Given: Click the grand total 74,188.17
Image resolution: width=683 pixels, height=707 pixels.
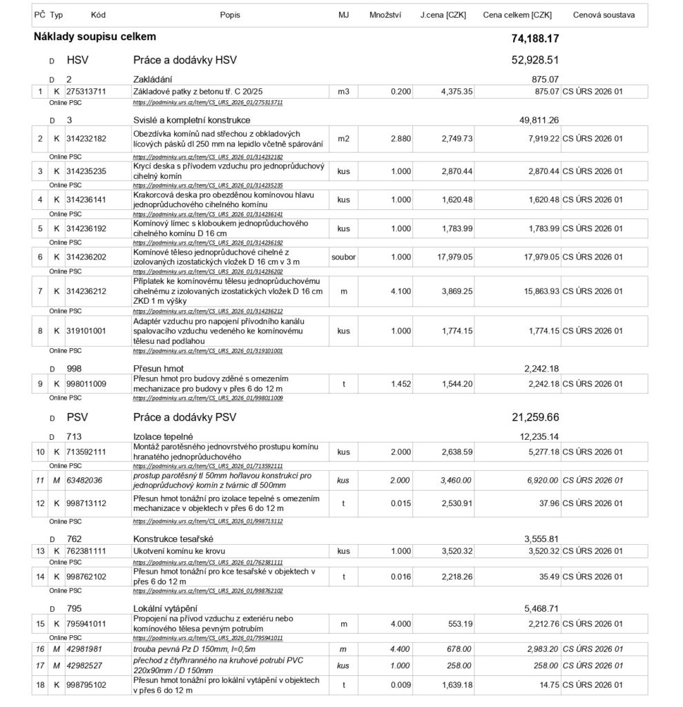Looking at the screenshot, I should [x=535, y=38].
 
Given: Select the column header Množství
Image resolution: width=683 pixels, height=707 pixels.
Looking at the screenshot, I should [x=385, y=14].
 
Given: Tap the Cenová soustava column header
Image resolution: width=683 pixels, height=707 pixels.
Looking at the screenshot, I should [x=604, y=14].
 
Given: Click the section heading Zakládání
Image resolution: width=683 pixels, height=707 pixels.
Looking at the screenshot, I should [x=153, y=79].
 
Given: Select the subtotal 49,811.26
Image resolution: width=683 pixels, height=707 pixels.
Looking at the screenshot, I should [x=539, y=120].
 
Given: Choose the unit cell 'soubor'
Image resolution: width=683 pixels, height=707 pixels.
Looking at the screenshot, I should [x=343, y=257].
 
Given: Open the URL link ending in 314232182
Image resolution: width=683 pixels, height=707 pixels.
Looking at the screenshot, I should [x=208, y=157].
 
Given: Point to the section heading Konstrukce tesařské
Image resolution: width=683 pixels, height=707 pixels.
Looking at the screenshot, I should [x=173, y=538].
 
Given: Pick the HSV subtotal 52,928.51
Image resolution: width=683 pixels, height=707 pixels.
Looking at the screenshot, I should [x=535, y=60].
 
